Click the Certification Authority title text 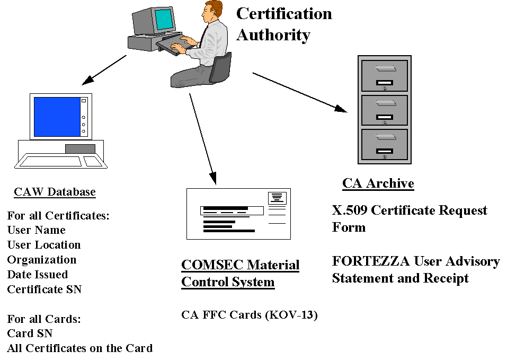pos(284,24)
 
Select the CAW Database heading pos(55,192)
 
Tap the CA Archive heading pos(378,183)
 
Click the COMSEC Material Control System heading pos(240,273)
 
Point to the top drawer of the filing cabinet pos(384,76)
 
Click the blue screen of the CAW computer pos(56,117)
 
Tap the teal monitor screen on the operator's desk pos(164,19)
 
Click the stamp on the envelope pos(277,198)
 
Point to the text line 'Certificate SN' pos(45,289)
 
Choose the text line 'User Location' pos(44,245)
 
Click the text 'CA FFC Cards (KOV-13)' pos(249,315)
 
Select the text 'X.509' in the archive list pos(350,210)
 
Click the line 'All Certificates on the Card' pos(79,348)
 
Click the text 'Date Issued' pos(38,275)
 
